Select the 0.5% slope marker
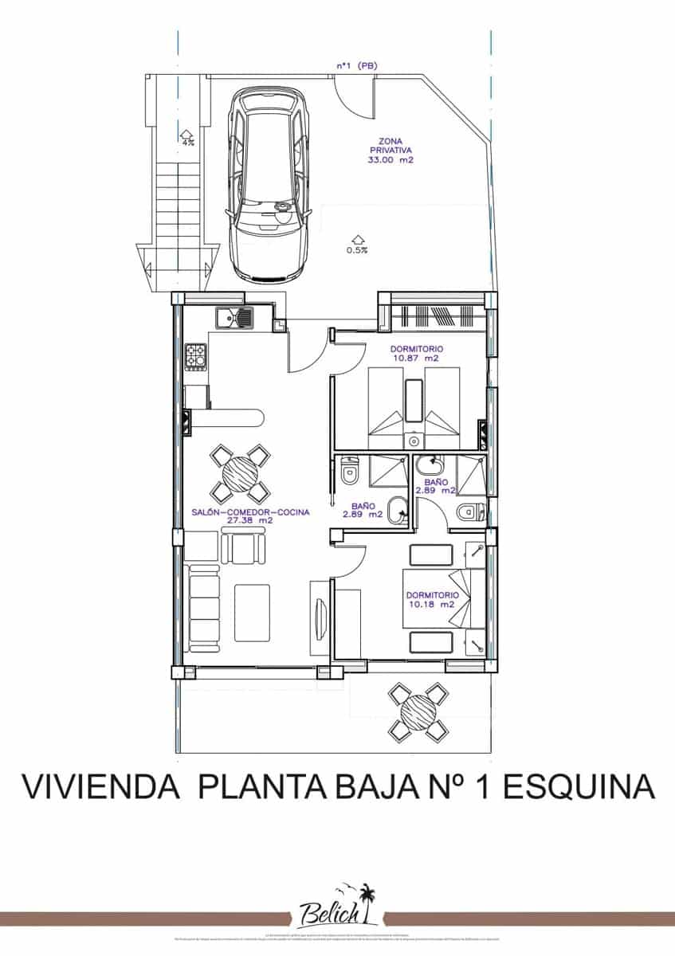356,244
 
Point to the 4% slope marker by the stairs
187,139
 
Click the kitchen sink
233,319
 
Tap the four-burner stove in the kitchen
196,355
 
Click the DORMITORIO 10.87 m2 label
417,354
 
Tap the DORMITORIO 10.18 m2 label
432,600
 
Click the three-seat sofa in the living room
204,606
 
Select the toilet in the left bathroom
349,473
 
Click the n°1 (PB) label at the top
355,67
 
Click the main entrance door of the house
307,351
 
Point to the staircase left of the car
177,199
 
